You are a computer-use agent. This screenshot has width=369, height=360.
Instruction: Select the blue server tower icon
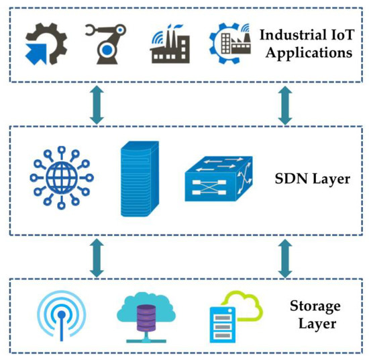pos(140,177)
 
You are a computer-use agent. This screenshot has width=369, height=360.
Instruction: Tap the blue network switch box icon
pos(217,178)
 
